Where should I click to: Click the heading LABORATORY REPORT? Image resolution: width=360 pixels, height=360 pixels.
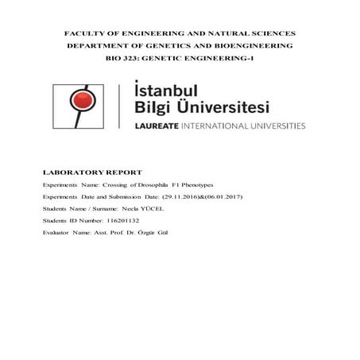(x=92, y=172)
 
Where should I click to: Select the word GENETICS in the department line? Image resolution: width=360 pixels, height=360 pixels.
(x=169, y=46)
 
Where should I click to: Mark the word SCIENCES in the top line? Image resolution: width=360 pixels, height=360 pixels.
(x=271, y=33)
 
